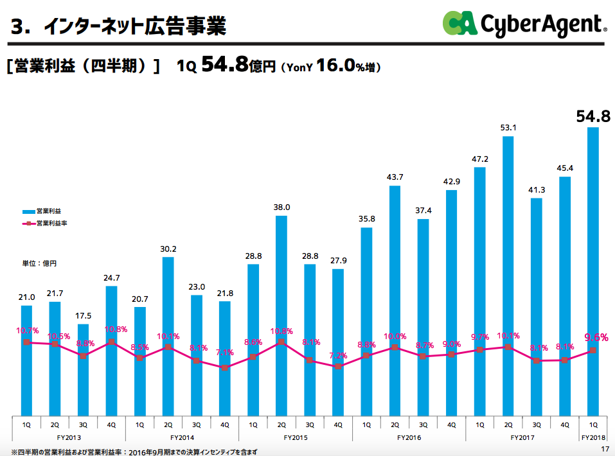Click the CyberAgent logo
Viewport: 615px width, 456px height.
click(x=524, y=24)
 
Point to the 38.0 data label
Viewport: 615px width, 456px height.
click(x=281, y=207)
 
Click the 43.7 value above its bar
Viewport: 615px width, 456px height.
click(x=395, y=177)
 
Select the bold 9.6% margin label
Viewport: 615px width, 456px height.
click(x=596, y=337)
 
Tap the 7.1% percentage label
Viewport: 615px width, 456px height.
click(x=224, y=353)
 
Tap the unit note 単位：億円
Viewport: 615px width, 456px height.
click(x=40, y=263)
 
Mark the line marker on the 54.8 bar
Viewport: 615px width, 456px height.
click(x=593, y=351)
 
